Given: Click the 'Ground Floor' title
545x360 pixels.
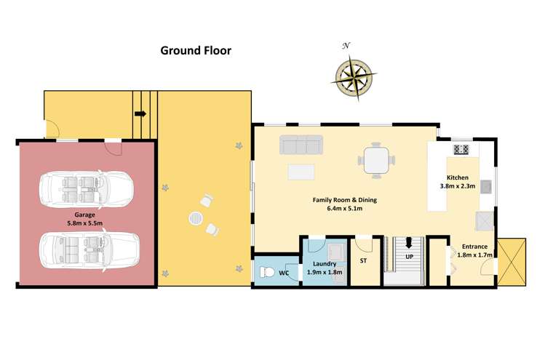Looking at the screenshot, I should tap(196, 51).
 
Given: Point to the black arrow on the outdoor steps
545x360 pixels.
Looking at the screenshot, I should tap(140, 114).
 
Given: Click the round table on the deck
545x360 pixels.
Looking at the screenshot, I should tap(197, 218).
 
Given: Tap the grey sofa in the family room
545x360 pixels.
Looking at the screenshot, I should tap(301, 145).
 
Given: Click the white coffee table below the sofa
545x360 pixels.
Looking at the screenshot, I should tap(302, 172).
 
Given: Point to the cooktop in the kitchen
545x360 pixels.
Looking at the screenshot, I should tap(461, 150).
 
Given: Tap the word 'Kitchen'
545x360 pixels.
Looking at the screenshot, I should tap(458, 177).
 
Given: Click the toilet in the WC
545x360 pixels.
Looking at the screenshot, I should tap(268, 273).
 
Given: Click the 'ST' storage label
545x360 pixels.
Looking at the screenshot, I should tap(363, 260).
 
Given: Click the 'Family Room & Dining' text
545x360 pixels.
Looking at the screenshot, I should tap(346, 200).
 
